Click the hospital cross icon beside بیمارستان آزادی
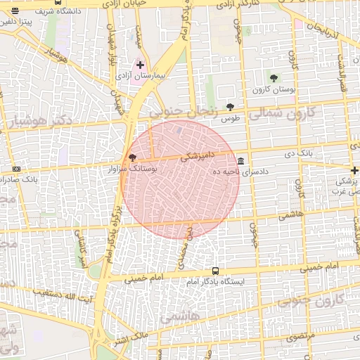click(x=141, y=65)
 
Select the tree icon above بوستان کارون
click(x=274, y=78)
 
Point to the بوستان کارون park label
click(x=273, y=89)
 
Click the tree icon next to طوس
click(x=230, y=107)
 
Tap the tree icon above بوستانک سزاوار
click(x=132, y=157)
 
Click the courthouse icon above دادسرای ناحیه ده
click(x=241, y=160)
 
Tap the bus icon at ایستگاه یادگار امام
click(x=215, y=271)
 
